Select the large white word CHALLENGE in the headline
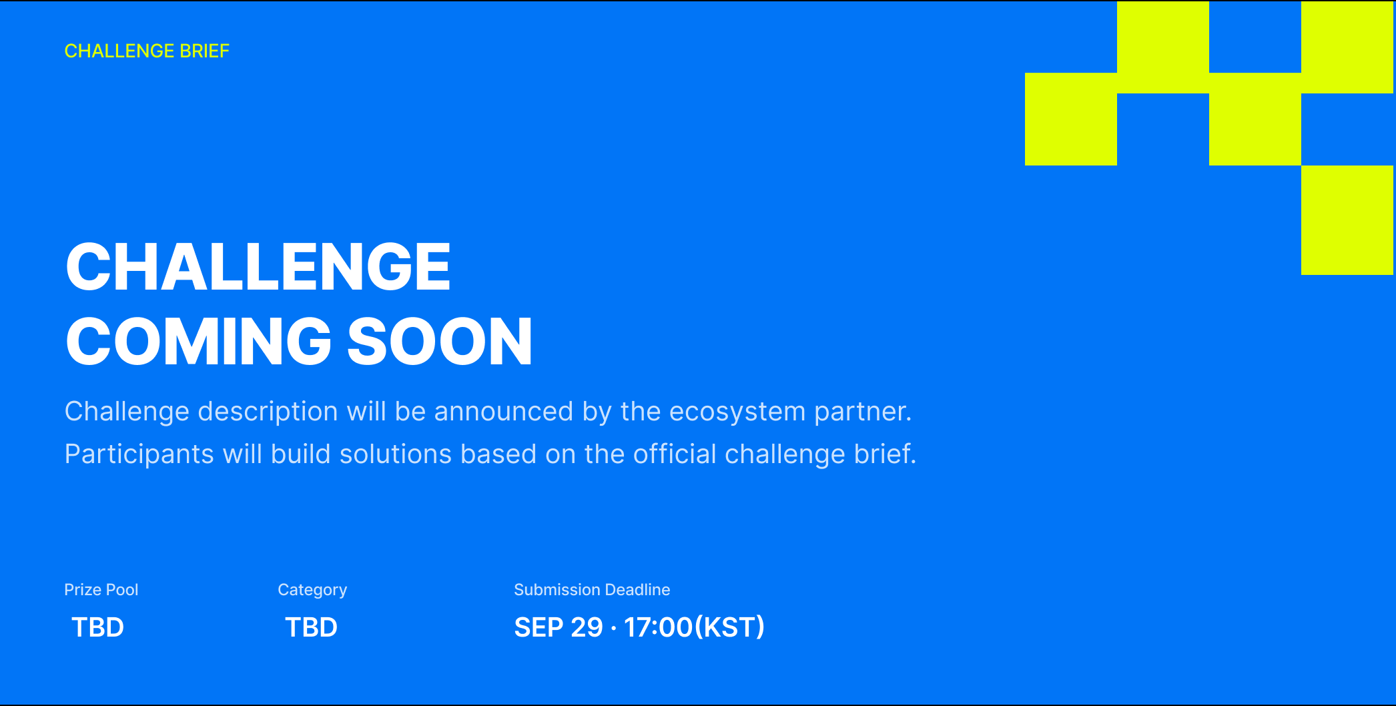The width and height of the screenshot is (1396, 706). [x=258, y=267]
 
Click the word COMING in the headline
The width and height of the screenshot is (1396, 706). [x=199, y=342]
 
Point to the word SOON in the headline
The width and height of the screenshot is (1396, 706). [x=440, y=342]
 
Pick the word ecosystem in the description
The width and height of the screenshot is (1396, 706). [x=737, y=412]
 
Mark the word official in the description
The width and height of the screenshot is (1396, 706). [x=675, y=454]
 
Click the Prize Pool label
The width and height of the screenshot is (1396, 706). [x=101, y=590]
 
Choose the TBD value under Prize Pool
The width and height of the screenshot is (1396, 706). [x=97, y=627]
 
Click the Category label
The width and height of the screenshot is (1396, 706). [x=312, y=591]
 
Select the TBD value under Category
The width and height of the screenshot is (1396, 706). [x=311, y=627]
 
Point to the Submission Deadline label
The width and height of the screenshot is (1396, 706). [x=592, y=590]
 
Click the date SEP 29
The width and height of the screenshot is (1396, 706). [x=559, y=627]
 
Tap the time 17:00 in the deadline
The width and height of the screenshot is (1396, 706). [x=659, y=627]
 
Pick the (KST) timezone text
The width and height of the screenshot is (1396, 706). [x=729, y=627]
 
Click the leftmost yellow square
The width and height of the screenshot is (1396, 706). [x=1071, y=119]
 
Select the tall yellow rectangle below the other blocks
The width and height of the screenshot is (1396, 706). [x=1347, y=220]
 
